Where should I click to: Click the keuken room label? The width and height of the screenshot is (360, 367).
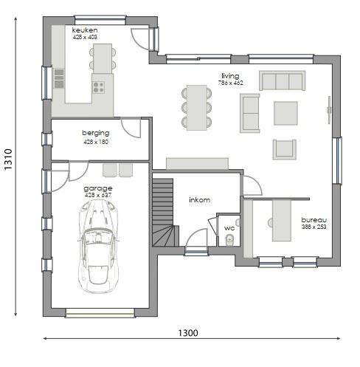point(85,30)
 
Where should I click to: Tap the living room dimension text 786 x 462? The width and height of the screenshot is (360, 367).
point(230,83)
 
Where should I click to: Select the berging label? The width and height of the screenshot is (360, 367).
point(96,133)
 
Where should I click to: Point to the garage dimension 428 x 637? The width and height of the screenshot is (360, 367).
point(98,195)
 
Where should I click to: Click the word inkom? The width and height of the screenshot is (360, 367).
point(199,200)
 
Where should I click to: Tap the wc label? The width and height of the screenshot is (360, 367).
point(229,228)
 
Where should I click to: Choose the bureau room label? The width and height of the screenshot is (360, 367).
point(314,220)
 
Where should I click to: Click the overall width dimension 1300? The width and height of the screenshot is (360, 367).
point(188,333)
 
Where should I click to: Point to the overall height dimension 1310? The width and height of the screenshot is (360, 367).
point(8,160)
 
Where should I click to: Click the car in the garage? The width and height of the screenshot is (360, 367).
point(98,247)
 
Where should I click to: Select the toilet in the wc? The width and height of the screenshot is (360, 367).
point(229,240)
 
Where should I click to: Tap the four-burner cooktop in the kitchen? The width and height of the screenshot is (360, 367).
point(98,87)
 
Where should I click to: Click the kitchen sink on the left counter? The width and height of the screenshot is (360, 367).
point(59,78)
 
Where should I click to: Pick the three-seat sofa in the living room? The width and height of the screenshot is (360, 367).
point(282,80)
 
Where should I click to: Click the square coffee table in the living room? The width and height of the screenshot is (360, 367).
point(285,113)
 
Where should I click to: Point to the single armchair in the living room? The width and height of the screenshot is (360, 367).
point(284,149)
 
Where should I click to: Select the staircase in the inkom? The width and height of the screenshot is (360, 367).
point(165,212)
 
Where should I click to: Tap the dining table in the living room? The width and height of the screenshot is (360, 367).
point(196,108)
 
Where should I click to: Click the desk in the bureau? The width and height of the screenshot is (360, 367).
point(282,221)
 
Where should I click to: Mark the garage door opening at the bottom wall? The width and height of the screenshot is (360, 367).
point(100,313)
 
